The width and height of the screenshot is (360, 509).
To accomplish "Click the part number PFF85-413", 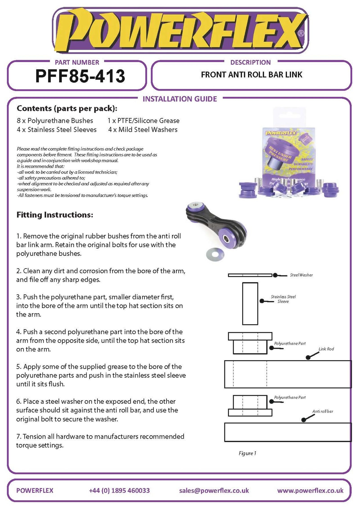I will point(80,76).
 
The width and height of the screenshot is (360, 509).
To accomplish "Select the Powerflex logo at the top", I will point(180,31).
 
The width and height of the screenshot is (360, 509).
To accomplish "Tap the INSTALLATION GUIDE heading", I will point(180,99).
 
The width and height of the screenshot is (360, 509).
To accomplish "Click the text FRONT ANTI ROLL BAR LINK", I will point(251,75).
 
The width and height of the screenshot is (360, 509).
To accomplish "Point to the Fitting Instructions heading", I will point(55,215).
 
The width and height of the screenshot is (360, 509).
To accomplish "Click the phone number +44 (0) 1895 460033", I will point(119,490).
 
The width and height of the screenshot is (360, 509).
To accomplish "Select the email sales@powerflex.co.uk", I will point(214,490).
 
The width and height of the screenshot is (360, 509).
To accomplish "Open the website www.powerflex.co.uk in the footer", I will point(310,490).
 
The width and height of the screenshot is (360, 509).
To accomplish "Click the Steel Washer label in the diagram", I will point(301,275).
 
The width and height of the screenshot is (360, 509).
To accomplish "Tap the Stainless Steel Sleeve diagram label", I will point(283,299).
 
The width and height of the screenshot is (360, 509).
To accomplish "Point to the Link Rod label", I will point(326,349).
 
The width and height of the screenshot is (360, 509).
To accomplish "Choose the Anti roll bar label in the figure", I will point(322,411).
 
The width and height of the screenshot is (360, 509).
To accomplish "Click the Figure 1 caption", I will point(247,453).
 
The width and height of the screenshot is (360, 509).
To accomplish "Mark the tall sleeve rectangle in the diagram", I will point(250,303).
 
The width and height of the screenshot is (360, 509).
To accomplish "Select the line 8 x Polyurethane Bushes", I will point(55,121).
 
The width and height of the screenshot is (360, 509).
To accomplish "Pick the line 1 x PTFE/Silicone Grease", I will point(144,121).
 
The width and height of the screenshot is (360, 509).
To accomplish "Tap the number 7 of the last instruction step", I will point(18,436).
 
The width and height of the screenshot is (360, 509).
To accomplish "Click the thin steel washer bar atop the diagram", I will point(250,275).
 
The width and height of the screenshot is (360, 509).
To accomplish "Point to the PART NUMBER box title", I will point(77,62).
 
